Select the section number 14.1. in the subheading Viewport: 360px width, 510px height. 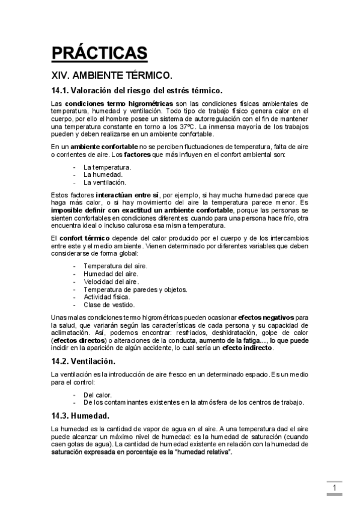point(60,91)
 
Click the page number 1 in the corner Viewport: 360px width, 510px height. point(334,488)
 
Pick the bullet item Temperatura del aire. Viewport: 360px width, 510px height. point(115,265)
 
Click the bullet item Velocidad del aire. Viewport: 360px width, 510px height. point(111,281)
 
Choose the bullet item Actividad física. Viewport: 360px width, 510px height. point(106,296)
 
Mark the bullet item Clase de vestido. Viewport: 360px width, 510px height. point(108,304)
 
